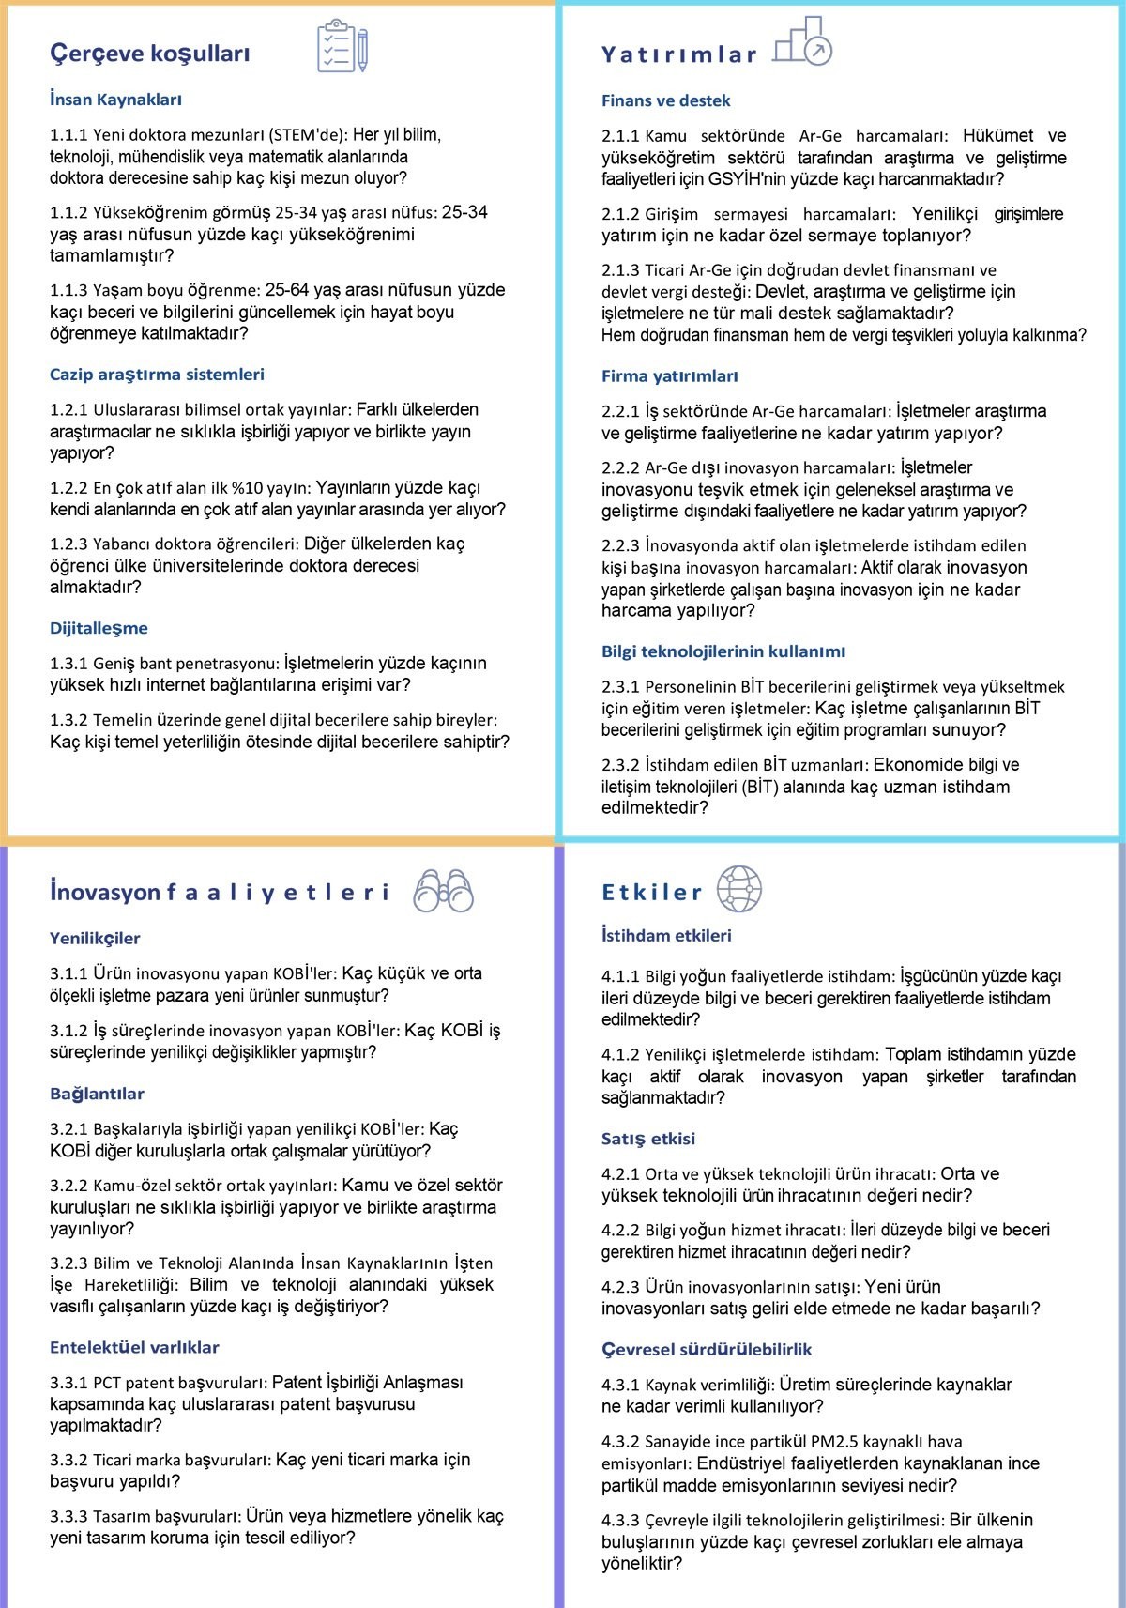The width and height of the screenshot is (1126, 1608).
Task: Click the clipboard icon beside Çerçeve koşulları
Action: point(342,46)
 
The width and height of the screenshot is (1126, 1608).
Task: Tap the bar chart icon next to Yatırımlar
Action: point(803,42)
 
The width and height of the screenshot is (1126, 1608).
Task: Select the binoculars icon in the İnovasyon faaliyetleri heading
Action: point(443,891)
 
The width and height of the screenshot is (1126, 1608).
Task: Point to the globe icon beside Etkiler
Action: point(739,889)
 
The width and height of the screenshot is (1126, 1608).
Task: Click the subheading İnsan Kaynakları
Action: point(115,100)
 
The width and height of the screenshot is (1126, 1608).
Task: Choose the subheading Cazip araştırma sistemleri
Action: point(157,375)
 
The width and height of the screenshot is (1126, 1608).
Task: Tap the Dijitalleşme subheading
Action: point(99,628)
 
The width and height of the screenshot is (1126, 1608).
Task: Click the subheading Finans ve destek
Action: point(665,100)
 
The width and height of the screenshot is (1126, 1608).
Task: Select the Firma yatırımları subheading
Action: point(669,376)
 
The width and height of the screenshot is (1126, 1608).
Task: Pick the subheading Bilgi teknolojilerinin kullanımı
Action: point(723,651)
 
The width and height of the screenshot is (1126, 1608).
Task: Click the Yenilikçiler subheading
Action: point(95,938)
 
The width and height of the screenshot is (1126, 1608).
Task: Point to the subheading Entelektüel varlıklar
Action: point(134,1347)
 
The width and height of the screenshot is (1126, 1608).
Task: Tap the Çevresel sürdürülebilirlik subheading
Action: point(707,1349)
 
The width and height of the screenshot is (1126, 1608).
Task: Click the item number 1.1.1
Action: point(68,135)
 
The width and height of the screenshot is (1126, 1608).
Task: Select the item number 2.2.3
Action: point(620,545)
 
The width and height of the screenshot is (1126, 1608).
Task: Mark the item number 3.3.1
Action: point(68,1383)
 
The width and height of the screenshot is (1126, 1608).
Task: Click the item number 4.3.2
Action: point(620,1441)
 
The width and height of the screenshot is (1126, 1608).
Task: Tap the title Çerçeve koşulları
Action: point(150,54)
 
